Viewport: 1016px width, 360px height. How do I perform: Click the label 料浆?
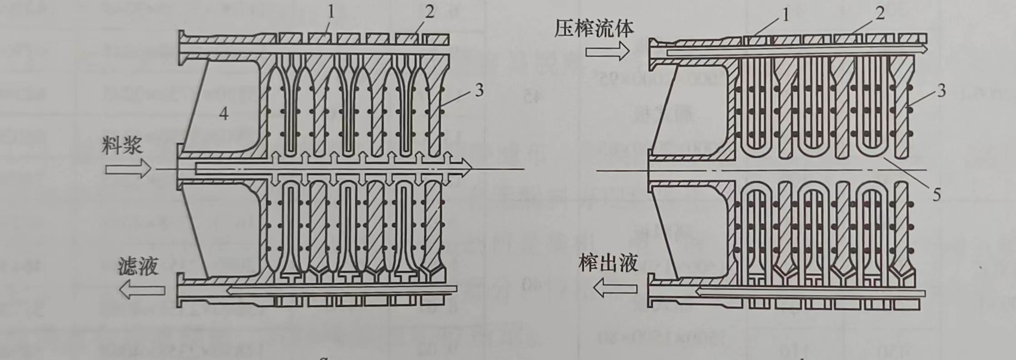tap(122, 146)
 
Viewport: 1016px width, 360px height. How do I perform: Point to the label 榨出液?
tap(608, 264)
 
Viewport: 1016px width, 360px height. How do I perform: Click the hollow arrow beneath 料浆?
tap(128, 170)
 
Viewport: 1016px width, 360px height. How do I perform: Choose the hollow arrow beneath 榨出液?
tap(616, 288)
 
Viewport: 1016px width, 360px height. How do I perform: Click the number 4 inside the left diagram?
tap(224, 114)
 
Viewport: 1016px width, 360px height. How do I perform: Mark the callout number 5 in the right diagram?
tap(936, 195)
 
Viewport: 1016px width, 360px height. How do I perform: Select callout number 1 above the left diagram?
tap(331, 12)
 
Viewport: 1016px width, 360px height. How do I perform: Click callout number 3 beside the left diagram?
tap(479, 91)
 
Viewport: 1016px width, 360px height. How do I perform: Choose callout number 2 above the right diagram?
tap(880, 14)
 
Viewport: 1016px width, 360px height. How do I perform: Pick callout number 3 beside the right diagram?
tap(941, 91)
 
